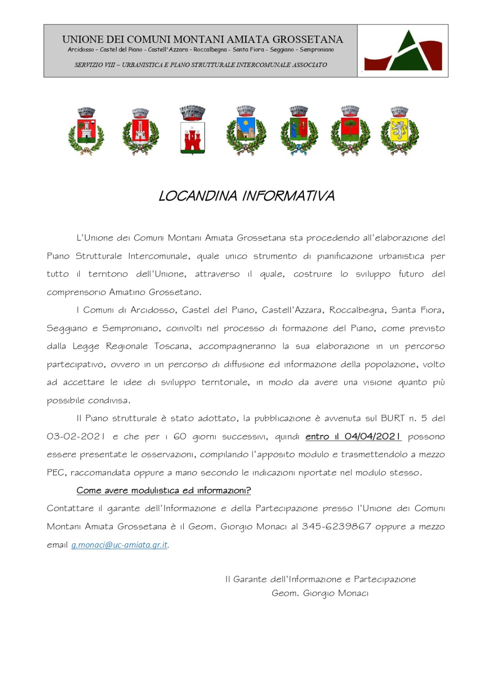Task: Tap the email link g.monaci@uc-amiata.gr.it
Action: tap(119, 545)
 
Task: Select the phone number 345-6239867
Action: tap(336, 526)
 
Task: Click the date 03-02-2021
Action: tap(76, 436)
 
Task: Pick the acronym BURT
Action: tap(393, 418)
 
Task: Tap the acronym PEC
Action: tap(56, 472)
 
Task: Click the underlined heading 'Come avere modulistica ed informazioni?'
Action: tap(164, 491)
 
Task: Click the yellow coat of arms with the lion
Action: tap(399, 130)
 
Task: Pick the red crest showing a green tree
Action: tap(350, 130)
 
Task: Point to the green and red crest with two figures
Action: tap(299, 130)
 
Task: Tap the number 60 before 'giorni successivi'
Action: tap(180, 436)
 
